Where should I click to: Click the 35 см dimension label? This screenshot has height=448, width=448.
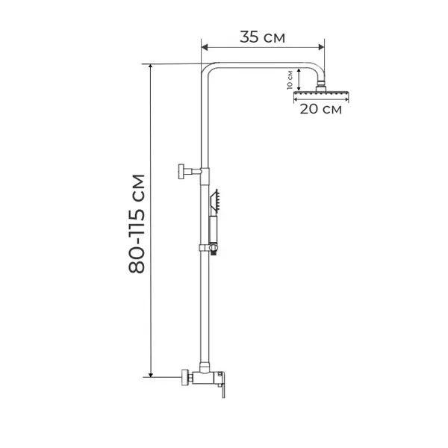pos(262,37)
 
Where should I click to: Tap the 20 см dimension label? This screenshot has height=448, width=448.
pos(320,109)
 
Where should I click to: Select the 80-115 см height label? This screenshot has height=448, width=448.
pos(137,223)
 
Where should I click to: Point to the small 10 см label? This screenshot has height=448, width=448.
pos(290,80)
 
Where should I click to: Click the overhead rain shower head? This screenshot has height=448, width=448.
pos(321,93)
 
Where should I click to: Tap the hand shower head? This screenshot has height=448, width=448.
pos(214,202)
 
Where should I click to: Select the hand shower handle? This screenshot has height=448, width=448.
pos(213,230)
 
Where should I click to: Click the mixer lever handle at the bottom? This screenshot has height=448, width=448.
pos(222,385)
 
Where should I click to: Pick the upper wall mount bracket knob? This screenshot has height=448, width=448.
pos(181,172)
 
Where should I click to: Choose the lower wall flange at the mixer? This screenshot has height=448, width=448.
pos(185,377)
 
